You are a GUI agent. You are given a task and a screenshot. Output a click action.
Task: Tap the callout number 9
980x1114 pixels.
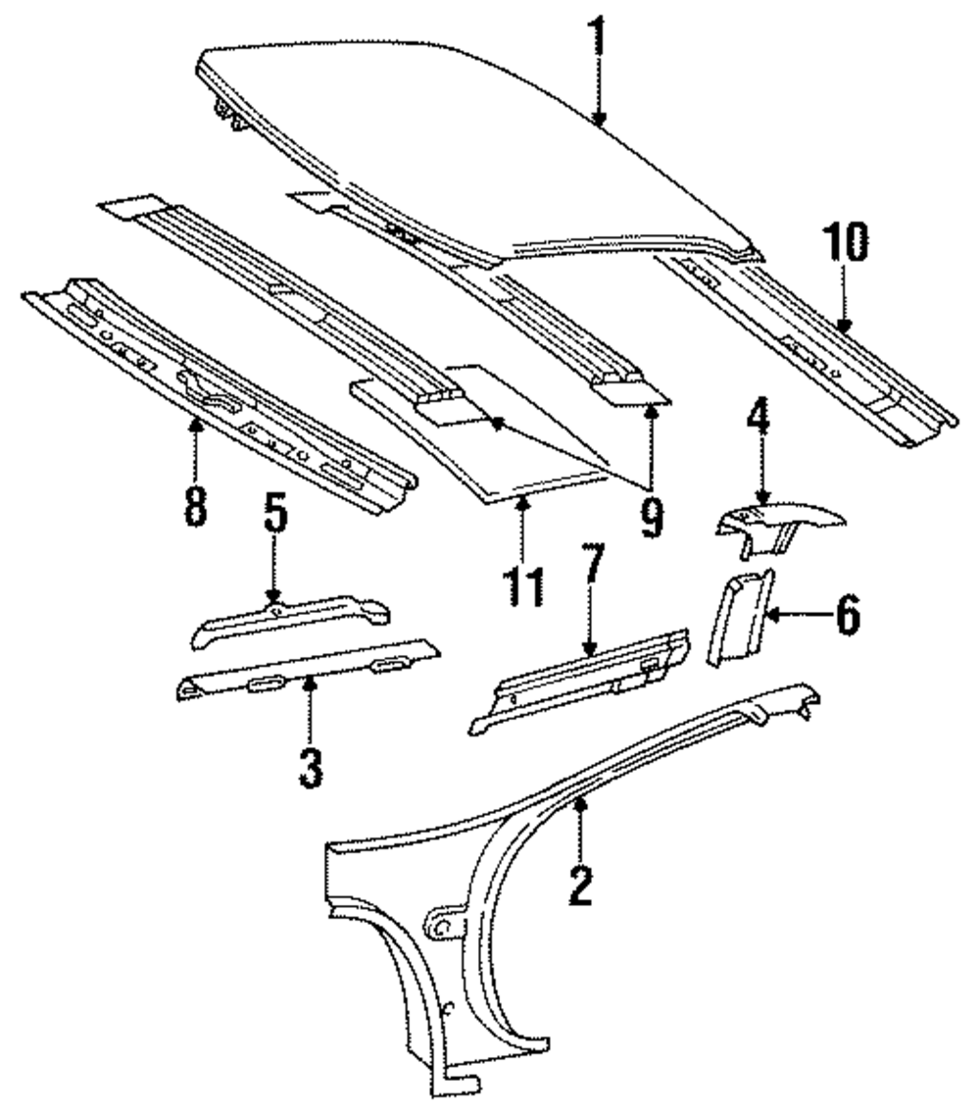tap(652, 513)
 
